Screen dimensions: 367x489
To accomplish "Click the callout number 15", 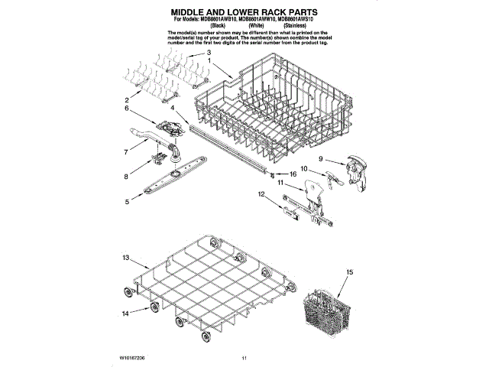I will click(350, 273).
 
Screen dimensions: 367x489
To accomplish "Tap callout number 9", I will click(322, 159).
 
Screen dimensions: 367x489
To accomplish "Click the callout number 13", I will click(125, 259).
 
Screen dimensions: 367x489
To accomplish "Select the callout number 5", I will click(126, 202).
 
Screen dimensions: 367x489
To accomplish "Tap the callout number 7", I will click(126, 152).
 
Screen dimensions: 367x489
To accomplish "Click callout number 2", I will click(126, 100).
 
